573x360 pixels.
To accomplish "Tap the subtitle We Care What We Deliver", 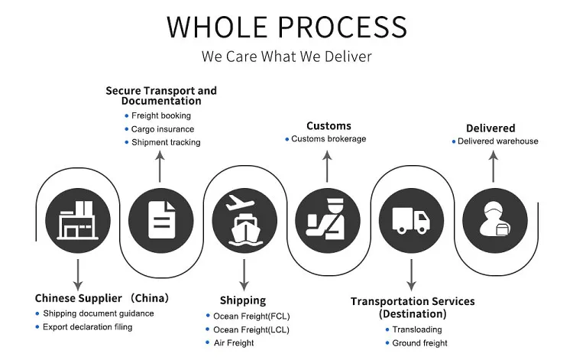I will click(x=286, y=57).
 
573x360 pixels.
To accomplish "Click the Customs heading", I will click(x=329, y=125).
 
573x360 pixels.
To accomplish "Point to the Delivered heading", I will click(x=490, y=128).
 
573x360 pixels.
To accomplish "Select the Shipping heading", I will click(x=243, y=300).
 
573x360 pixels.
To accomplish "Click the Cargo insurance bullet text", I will click(x=163, y=129).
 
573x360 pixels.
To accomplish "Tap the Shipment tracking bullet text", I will click(x=166, y=142).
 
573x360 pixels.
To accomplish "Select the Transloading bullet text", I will click(x=416, y=330).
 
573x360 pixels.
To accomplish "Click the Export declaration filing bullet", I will click(x=88, y=327).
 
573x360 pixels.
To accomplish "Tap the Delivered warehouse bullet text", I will click(x=498, y=141).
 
